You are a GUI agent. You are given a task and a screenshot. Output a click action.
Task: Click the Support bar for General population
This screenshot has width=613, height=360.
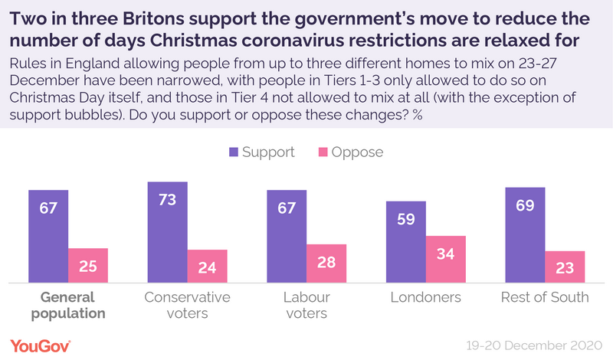(x=48, y=235)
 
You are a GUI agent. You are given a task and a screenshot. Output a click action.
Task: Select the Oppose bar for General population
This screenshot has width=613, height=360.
(x=88, y=265)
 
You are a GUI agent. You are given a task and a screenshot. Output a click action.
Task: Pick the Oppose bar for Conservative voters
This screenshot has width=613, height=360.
(x=208, y=266)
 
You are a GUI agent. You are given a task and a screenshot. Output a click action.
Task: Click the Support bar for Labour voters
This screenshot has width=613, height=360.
(x=287, y=235)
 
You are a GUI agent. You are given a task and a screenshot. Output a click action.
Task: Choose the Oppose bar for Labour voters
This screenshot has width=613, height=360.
(x=326, y=263)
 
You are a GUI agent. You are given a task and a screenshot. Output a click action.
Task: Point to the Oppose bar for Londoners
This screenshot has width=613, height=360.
(x=445, y=259)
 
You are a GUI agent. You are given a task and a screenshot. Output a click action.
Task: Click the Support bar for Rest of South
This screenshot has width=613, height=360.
(x=525, y=234)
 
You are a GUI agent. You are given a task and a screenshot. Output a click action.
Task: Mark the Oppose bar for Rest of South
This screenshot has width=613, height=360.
(x=565, y=267)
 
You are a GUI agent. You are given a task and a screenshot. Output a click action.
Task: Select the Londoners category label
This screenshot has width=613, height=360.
(x=425, y=297)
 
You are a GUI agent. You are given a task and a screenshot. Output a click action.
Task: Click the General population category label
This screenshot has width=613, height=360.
(x=68, y=305)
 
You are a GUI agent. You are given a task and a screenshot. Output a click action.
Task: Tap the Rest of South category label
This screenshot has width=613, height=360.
(x=544, y=297)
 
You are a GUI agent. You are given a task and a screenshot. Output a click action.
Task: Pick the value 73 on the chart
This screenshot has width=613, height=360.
(x=168, y=201)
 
